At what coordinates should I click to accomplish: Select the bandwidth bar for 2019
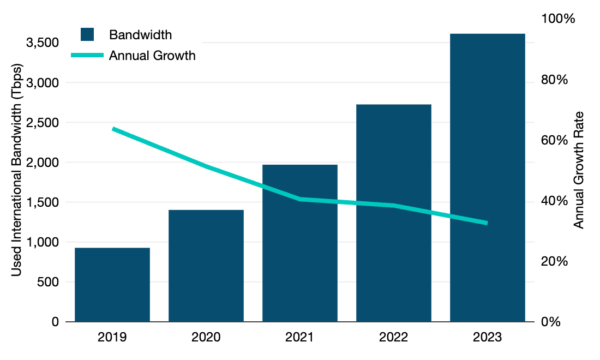(x=112, y=285)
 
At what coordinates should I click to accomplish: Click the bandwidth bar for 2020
(x=206, y=266)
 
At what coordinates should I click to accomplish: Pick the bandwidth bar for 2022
(x=394, y=213)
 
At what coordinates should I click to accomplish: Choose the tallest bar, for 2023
(x=488, y=177)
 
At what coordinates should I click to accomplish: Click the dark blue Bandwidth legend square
(x=87, y=34)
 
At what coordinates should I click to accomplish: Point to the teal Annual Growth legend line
(x=87, y=56)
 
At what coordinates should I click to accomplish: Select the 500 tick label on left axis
(x=49, y=282)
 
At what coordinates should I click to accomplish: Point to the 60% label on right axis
(x=554, y=140)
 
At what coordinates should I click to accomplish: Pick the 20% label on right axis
(x=554, y=261)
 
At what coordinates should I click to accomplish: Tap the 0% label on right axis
(x=550, y=322)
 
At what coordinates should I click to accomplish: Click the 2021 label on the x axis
(x=300, y=337)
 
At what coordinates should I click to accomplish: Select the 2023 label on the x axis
(x=488, y=337)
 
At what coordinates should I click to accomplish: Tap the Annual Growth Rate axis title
(x=579, y=170)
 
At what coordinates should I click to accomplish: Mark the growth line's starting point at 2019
(x=113, y=129)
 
